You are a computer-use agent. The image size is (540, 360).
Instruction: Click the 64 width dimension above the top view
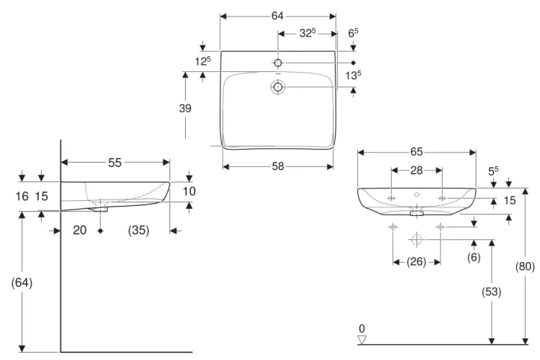277,16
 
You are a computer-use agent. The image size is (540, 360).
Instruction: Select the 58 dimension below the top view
278,166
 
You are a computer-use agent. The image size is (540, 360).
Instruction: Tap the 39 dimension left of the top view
185,108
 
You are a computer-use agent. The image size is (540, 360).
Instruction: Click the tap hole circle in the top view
278,63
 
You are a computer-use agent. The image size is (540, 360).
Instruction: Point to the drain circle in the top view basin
278,87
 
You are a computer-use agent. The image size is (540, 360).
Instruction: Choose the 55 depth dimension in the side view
114,162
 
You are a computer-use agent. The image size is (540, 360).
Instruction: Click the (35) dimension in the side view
138,230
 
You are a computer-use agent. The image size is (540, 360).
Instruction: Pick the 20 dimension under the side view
79,230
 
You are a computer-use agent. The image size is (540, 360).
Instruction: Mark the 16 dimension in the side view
22,197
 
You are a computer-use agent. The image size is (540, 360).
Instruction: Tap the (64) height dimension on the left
22,282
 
